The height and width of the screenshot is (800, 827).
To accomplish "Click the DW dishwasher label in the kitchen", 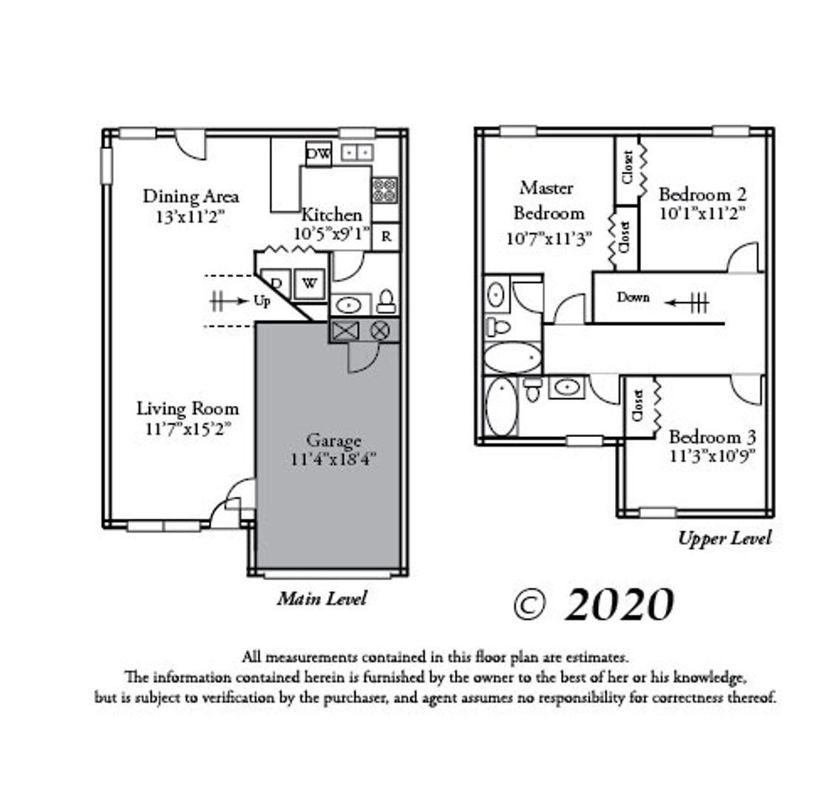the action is pyautogui.click(x=319, y=154).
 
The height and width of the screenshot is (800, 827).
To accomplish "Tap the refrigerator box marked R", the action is pyautogui.click(x=386, y=236).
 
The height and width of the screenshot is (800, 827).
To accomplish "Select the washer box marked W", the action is pyautogui.click(x=309, y=284).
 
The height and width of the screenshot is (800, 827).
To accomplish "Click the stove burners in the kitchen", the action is pyautogui.click(x=385, y=190).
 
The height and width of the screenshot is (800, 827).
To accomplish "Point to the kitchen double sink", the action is pyautogui.click(x=357, y=153).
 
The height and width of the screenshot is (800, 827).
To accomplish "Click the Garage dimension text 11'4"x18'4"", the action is pyautogui.click(x=333, y=459).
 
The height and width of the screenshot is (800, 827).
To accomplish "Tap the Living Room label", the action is pyautogui.click(x=187, y=409).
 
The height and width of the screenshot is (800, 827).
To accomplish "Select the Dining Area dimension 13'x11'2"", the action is pyautogui.click(x=190, y=217).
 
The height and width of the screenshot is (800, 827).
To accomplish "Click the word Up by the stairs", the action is pyautogui.click(x=262, y=301).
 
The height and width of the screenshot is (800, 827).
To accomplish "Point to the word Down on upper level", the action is pyautogui.click(x=633, y=298).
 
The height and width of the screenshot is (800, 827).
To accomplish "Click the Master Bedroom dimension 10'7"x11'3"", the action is pyautogui.click(x=548, y=239).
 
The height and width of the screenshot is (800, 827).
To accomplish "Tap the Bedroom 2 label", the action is pyautogui.click(x=703, y=194).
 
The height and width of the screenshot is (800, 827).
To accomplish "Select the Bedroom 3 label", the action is pyautogui.click(x=712, y=436).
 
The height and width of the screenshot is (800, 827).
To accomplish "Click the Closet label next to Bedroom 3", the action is pyautogui.click(x=637, y=405).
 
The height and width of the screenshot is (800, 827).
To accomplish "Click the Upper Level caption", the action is pyautogui.click(x=725, y=539).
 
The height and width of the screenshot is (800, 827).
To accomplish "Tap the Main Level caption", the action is pyautogui.click(x=322, y=599).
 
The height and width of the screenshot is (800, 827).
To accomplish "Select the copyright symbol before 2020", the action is pyautogui.click(x=529, y=606).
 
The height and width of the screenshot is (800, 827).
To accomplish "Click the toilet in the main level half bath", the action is pyautogui.click(x=387, y=301).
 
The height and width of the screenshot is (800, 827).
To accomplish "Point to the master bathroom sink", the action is pyautogui.click(x=495, y=294).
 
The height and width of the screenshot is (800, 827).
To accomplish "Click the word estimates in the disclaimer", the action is pyautogui.click(x=597, y=658).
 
